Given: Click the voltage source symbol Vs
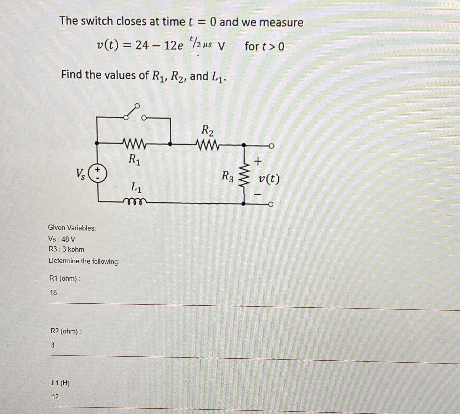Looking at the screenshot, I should pos(97,173).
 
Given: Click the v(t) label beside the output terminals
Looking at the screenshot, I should pos(269,179).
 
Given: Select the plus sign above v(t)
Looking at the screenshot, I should pos(257,161).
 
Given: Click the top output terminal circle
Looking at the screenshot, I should pos(271,146).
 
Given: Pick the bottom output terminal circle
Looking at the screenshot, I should pos(270,204).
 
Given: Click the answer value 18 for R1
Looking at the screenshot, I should pos(53,293).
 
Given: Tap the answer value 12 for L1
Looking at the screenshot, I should pos(55,397).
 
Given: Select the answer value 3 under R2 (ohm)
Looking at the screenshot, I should pos(52,345).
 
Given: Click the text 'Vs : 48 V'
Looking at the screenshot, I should pos(62,239).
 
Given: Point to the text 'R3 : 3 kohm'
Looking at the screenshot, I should pos(66,249).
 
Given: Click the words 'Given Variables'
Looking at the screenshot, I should pos(72,228).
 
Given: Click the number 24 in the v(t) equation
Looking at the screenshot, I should pos(142,45).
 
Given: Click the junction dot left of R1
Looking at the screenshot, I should pos(97,143).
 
